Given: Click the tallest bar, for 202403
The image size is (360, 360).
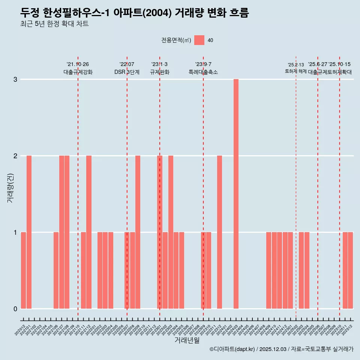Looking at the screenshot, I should [x=236, y=194].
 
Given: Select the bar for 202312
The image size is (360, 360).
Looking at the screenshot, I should [x=219, y=232].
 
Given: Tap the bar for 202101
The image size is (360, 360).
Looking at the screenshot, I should [x=29, y=232].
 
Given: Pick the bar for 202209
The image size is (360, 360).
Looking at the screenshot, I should [x=138, y=232].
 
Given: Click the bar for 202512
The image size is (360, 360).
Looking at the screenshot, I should [x=350, y=270].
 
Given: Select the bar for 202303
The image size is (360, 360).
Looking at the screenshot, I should [x=171, y=232].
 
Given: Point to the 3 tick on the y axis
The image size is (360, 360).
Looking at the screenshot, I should [x=15, y=79].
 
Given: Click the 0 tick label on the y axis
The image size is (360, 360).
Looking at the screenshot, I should [x=15, y=309].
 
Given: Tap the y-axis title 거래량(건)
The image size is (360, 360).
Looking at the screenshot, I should [x=10, y=187].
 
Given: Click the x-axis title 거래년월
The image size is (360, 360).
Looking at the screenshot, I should [x=187, y=340].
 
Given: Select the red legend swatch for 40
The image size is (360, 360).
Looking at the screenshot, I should [x=199, y=40].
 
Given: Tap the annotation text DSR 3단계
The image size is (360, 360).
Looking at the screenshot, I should [x=127, y=72].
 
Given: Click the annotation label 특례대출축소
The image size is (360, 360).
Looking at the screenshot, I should [x=203, y=72].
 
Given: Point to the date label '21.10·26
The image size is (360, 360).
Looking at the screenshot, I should [x=78, y=64].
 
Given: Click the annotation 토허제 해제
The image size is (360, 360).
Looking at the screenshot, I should [x=296, y=71].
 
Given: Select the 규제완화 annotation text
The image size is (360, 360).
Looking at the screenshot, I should [x=160, y=72].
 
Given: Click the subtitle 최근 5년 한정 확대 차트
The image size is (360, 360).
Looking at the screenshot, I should [x=55, y=24].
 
